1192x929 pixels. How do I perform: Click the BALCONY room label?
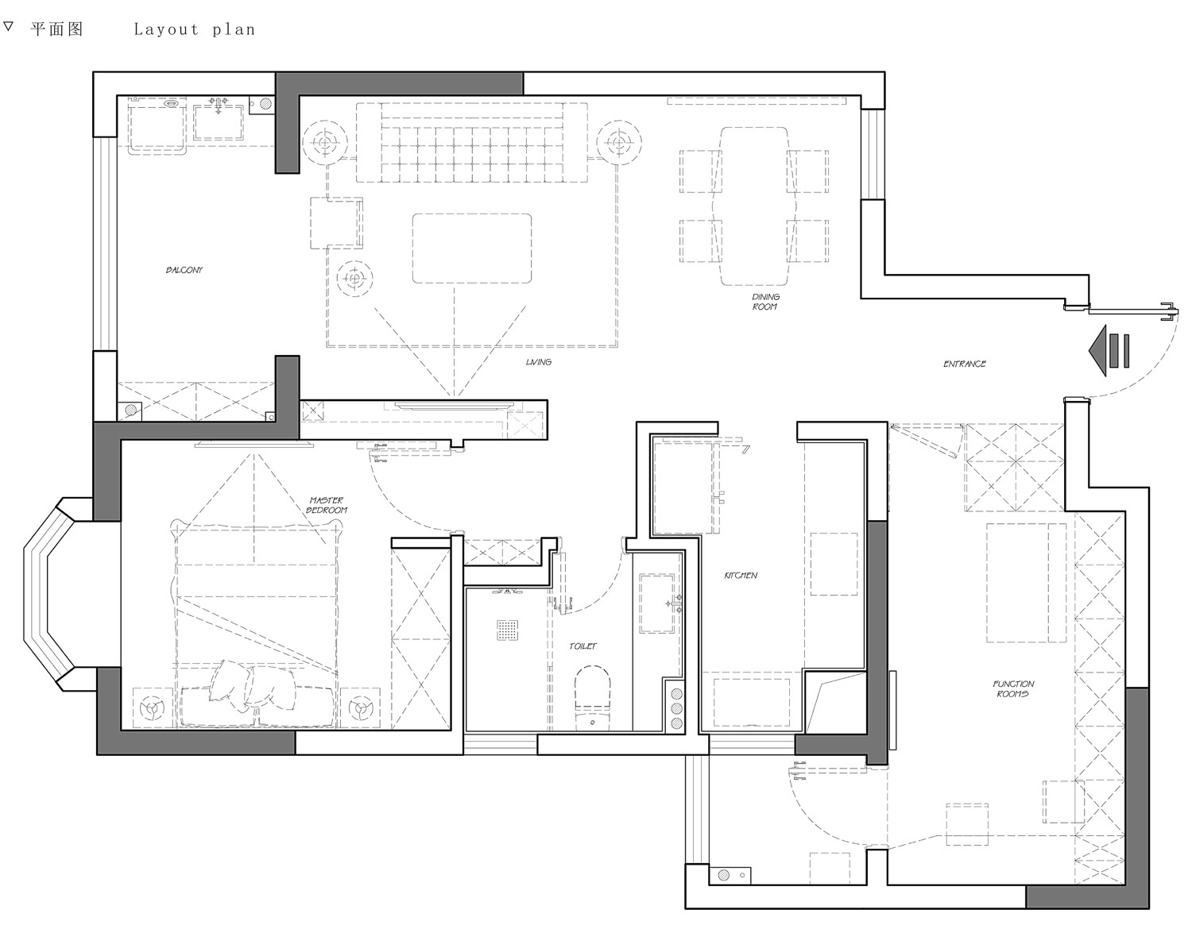coord(184,270)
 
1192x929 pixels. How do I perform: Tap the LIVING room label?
coord(539,362)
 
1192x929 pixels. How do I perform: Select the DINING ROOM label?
coord(765,302)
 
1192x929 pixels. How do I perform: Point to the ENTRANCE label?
coord(965,364)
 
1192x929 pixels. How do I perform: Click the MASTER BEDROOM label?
coord(327,505)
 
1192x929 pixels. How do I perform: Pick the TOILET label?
coord(582,646)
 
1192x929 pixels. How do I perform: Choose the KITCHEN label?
coord(741,575)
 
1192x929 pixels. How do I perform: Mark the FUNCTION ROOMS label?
coord(1013,688)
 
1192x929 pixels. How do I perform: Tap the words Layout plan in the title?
coord(195,30)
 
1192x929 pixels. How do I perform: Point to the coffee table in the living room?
coord(472,248)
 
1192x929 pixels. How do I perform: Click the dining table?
coord(755,206)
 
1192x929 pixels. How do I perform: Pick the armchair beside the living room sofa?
coord(336,223)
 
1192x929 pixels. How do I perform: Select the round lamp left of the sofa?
coord(324,143)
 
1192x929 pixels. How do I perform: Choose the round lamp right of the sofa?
coord(619,143)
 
